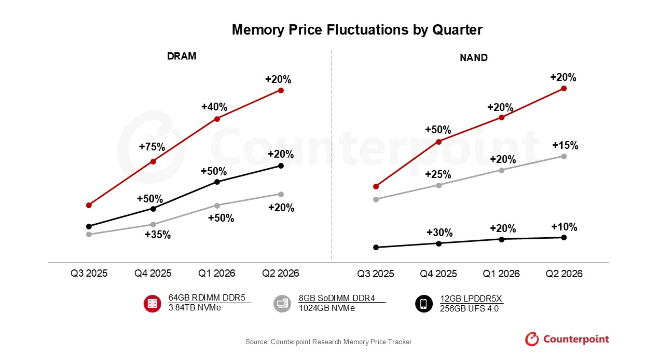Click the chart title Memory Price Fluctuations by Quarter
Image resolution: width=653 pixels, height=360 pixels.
point(357,30)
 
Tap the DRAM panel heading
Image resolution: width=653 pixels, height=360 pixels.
point(181,56)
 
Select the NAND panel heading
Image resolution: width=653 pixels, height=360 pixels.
point(473,57)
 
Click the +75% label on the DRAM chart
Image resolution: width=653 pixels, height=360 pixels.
point(152,147)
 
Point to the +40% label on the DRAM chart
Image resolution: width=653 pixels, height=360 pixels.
point(214,107)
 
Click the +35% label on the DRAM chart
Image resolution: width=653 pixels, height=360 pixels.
point(158,235)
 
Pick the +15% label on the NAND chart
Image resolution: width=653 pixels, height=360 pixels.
point(565,145)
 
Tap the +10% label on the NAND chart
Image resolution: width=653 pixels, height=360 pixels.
point(564,227)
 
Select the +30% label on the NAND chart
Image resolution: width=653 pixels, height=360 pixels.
point(439,232)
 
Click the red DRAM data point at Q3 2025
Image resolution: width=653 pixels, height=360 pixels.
point(89,205)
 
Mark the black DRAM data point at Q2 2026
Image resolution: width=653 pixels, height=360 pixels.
point(281,166)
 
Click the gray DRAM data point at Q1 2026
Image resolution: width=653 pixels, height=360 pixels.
point(217,206)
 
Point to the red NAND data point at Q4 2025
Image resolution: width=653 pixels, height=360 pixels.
point(439,142)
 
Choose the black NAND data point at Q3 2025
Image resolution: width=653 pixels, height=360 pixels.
point(376,247)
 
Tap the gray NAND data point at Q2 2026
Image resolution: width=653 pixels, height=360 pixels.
point(564,157)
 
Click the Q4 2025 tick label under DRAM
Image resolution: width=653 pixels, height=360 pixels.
point(153,273)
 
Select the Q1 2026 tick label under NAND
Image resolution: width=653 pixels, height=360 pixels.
point(501,274)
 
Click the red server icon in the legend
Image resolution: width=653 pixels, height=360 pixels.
point(152,304)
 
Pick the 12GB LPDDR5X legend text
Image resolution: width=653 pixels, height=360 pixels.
point(471,299)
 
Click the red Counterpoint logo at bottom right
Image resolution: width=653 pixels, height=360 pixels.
point(566,339)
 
